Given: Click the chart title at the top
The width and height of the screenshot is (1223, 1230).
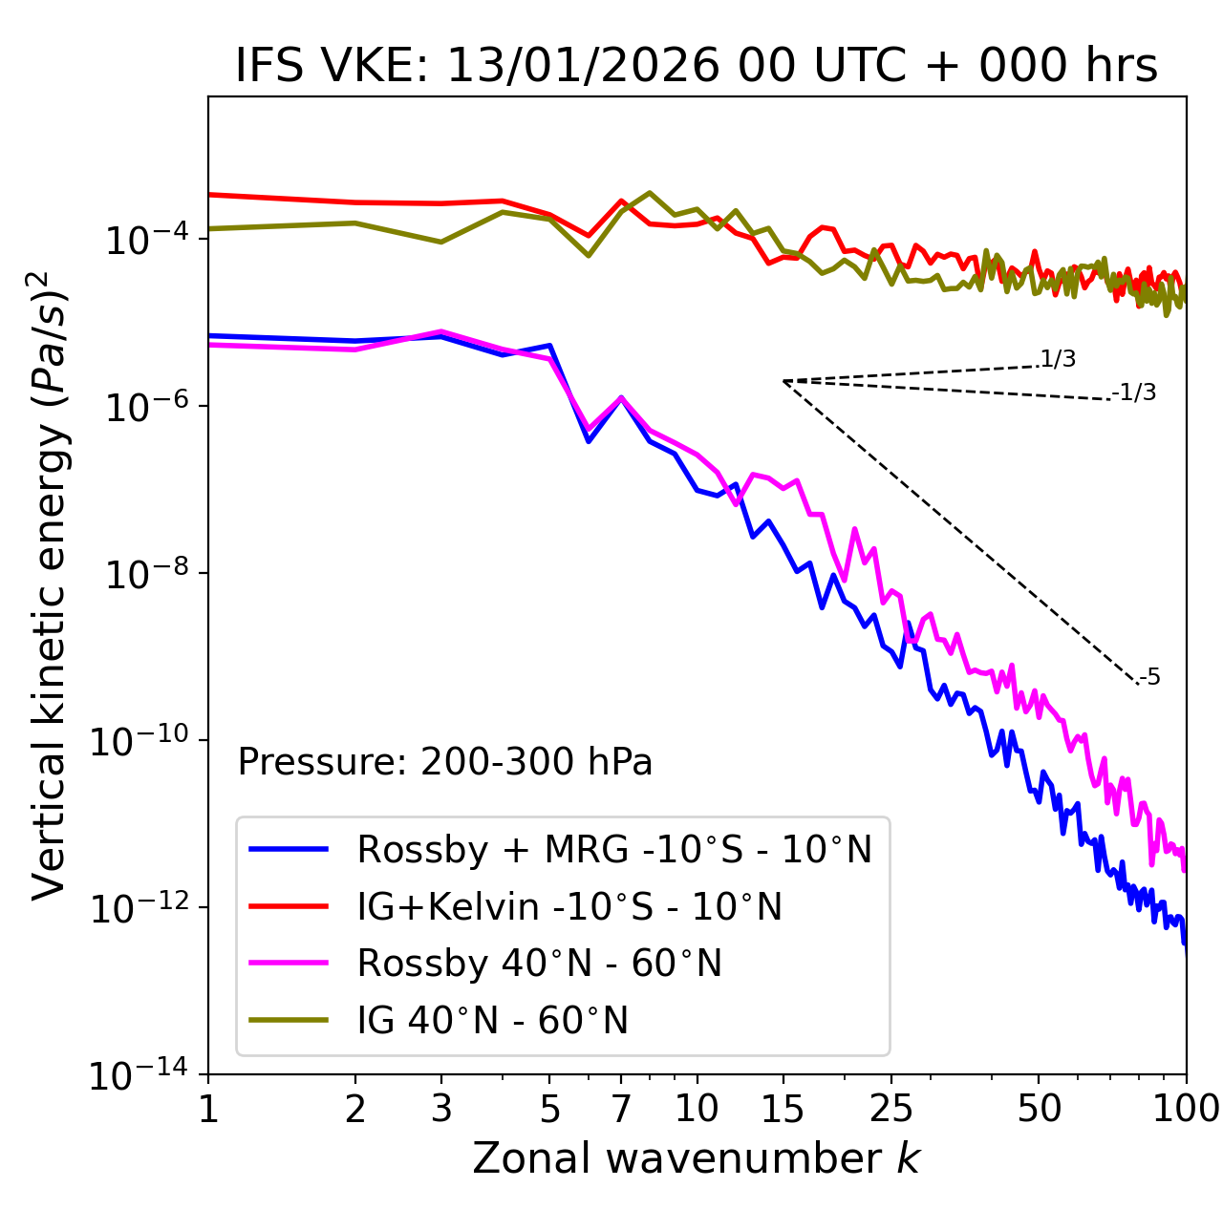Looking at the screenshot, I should coord(697,67).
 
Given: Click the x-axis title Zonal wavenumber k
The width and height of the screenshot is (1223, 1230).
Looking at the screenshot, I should coord(697,1157).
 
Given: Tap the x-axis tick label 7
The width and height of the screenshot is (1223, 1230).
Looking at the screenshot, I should coord(621,1108).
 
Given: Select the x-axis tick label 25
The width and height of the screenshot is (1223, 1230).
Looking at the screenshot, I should coord(890,1108).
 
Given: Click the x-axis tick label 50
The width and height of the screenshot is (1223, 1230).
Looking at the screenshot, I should coord(1039,1108).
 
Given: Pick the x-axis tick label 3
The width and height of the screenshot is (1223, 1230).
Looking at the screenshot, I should coord(441,1108).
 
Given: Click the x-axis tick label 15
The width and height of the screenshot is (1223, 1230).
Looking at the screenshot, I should coord(783,1108).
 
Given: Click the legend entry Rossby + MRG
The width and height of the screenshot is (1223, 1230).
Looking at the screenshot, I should coord(614,849).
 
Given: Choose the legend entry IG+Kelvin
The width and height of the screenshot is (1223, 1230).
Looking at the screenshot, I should coord(569,906).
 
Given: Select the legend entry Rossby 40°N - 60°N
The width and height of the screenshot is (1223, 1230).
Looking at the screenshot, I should coord(539,964).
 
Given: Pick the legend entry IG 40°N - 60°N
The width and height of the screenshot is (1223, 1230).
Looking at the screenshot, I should coord(493,1021).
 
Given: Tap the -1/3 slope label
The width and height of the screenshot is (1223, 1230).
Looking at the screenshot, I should coord(1134,392).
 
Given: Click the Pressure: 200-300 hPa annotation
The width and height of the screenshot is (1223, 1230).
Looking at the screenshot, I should coord(445,762).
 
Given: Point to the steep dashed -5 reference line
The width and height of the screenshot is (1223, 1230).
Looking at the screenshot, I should coord(960,533).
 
